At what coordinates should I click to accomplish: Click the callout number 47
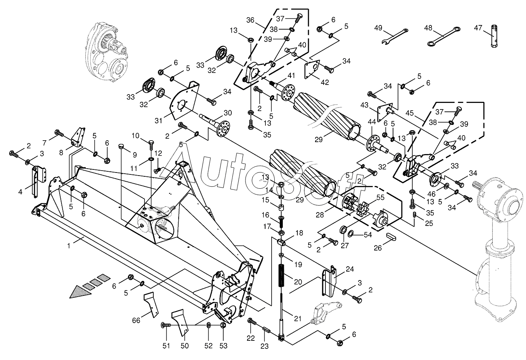478,28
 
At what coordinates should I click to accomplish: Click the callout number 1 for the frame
69,245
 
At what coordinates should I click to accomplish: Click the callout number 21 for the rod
298,319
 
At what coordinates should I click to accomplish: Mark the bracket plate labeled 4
35,181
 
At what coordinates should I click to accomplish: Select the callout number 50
184,346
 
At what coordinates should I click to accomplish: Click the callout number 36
250,20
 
